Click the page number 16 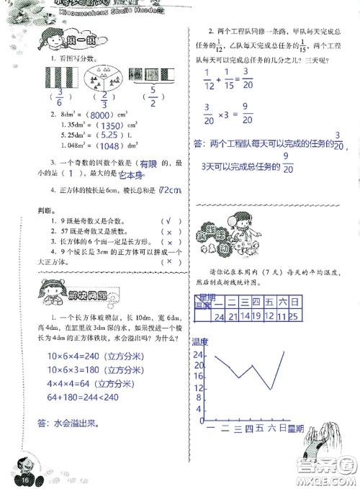coord(23,480)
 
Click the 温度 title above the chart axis coord(199,341)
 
